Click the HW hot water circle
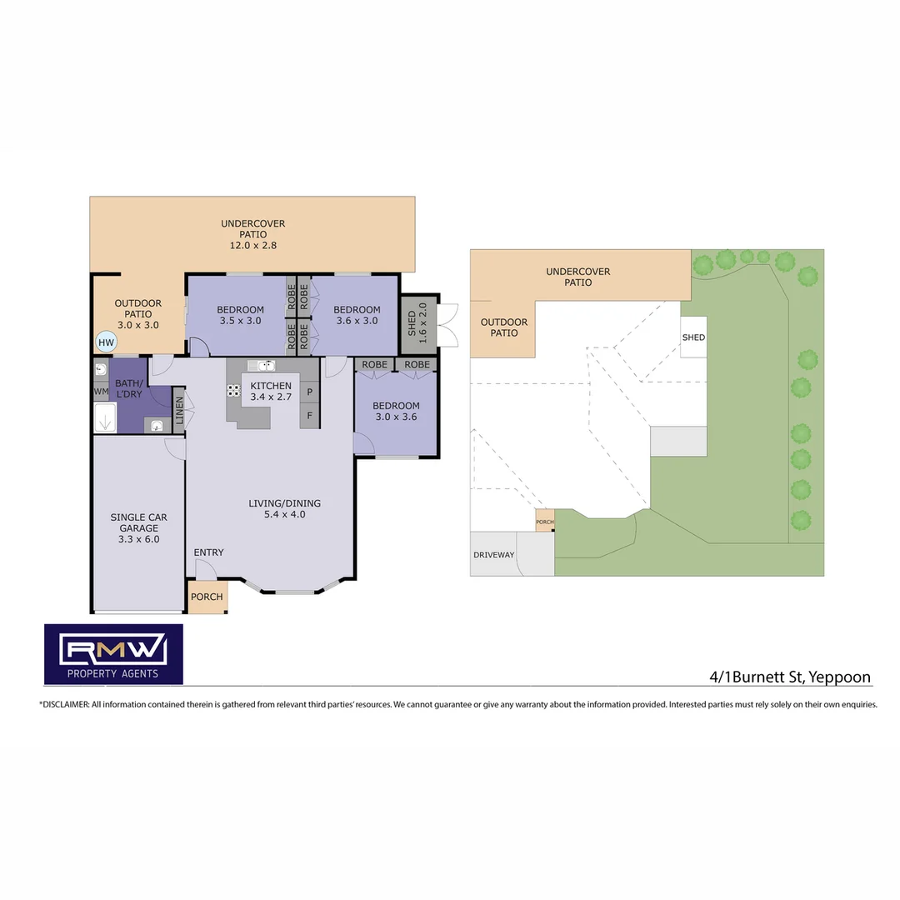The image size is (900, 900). (x=106, y=342)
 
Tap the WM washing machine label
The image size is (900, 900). (x=101, y=391)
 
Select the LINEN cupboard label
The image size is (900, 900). (x=179, y=410)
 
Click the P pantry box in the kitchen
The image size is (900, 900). (x=309, y=392)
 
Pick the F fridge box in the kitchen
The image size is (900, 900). (x=309, y=415)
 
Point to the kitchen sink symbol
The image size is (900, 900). (x=262, y=365)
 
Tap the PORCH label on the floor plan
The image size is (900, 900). (x=207, y=597)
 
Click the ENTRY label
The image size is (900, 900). (x=208, y=552)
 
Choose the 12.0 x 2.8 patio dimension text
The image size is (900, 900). (x=252, y=246)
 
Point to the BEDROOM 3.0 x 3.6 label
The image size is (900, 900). (x=396, y=412)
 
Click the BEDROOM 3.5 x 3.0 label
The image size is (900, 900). (x=241, y=315)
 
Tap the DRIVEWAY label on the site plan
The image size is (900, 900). (x=493, y=555)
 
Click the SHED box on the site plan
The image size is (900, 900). (x=693, y=337)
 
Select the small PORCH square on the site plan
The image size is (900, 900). (x=544, y=522)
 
